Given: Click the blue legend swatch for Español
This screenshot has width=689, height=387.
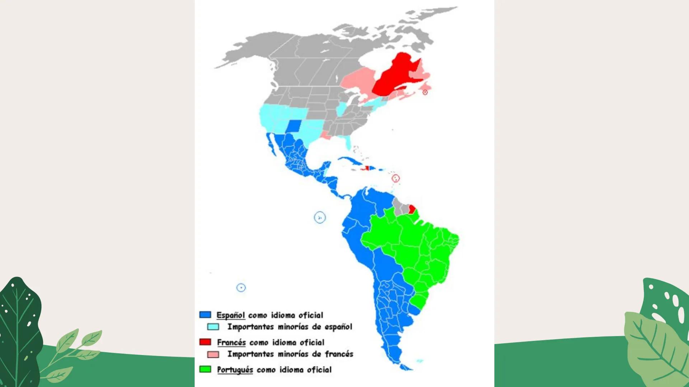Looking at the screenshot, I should (x=205, y=315).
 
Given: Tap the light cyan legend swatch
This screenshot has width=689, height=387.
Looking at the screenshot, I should (x=213, y=326).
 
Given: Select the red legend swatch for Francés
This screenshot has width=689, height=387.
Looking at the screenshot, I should (x=205, y=342).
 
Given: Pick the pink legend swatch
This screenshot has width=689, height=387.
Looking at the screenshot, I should (x=213, y=354).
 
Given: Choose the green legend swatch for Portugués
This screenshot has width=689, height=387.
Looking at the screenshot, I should (x=205, y=369).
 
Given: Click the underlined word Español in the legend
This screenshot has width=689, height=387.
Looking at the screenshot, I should (x=230, y=315).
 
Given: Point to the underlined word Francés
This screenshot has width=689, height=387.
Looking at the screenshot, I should (x=231, y=343).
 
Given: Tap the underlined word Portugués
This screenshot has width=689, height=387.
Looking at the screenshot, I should (x=235, y=370).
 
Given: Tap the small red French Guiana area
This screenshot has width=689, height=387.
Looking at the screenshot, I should (x=412, y=209).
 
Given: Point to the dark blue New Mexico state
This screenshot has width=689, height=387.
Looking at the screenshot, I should (x=294, y=126).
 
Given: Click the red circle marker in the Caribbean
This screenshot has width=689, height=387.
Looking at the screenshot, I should (x=395, y=178).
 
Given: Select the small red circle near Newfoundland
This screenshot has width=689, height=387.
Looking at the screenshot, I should (x=425, y=92).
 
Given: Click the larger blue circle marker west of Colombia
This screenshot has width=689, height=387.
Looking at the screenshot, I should (x=320, y=218).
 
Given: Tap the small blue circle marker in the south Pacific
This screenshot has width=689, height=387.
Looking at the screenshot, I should (x=241, y=288).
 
